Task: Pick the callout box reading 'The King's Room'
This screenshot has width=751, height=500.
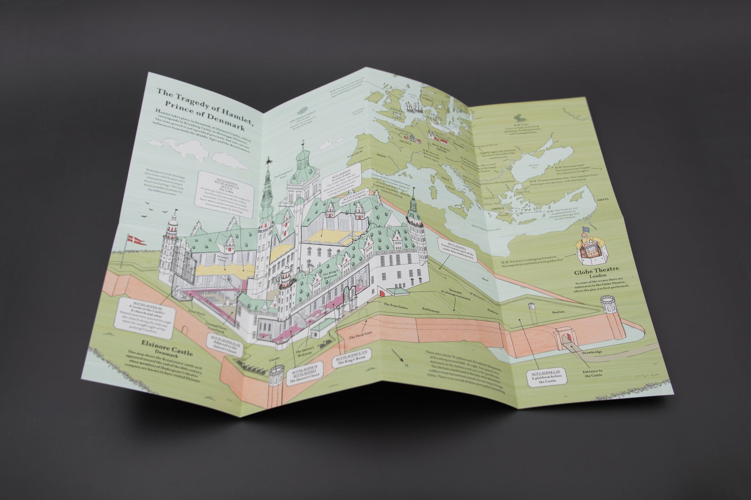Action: click(x=349, y=364)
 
